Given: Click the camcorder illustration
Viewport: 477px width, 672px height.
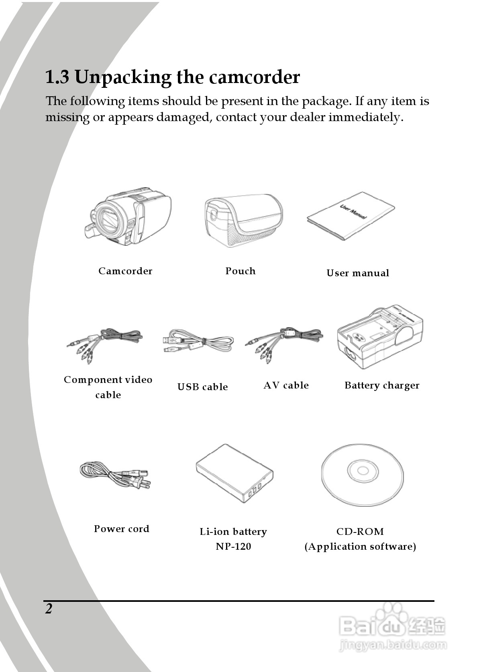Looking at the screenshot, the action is (x=128, y=219).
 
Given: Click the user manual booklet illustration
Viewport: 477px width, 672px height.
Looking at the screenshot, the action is (x=351, y=217).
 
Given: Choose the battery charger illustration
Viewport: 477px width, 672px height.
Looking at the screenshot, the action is (x=379, y=337).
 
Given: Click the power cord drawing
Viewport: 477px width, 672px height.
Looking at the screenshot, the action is (x=114, y=475).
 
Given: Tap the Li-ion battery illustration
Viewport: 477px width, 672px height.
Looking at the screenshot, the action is (x=234, y=473).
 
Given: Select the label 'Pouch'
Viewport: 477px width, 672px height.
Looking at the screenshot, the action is (x=240, y=271).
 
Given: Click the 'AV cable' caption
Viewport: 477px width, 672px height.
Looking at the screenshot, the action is (x=286, y=385).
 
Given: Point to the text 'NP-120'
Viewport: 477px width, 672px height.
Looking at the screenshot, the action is (x=233, y=547).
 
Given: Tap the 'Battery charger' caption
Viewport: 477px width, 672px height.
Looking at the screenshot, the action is (x=381, y=385).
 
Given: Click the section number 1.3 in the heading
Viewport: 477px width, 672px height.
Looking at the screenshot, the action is (x=57, y=77).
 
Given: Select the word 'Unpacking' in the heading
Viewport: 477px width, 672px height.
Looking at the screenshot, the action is (x=123, y=78).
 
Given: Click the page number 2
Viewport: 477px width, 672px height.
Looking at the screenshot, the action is (x=49, y=609).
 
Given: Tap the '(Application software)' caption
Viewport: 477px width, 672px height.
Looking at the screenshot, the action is (x=360, y=547).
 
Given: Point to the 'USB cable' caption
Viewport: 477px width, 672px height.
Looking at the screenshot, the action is (x=202, y=387).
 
